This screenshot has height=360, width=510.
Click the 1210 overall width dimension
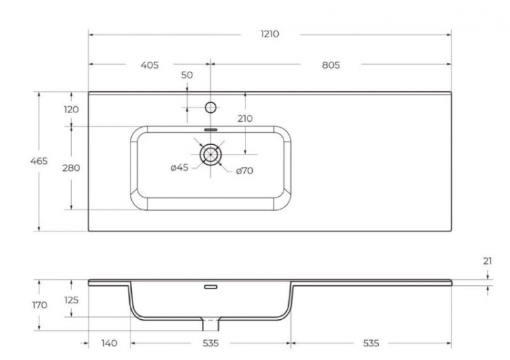click(269, 34)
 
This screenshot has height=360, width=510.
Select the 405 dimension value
click(150, 65)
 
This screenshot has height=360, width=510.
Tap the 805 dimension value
click(330, 65)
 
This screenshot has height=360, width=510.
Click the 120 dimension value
click(71, 110)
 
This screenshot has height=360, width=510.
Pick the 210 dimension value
click(245, 118)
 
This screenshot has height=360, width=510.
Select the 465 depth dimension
click(39, 161)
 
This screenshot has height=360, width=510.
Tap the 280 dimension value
click(71, 168)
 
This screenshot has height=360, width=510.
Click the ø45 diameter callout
click(180, 168)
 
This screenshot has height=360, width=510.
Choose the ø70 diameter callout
click(244, 171)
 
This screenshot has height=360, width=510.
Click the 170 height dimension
click(39, 306)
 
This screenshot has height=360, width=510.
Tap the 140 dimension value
click(109, 344)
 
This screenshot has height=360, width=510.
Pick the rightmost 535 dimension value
click(370, 344)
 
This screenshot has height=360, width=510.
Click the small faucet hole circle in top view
click(210, 107)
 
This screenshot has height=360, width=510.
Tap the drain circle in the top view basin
click(211, 154)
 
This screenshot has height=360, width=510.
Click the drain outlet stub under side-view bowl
click(211, 323)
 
